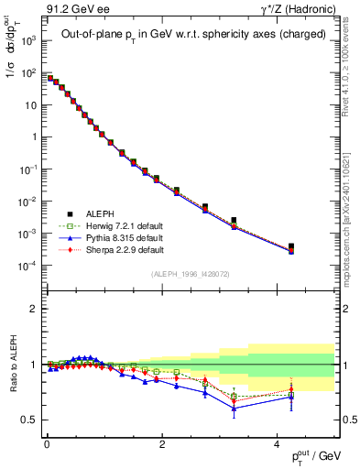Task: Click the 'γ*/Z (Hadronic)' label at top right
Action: coord(296,10)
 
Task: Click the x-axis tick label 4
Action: coord(277,443)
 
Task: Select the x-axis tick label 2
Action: coord(161,443)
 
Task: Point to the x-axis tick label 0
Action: coord(47,443)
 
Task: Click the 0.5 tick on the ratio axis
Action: coord(33,420)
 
